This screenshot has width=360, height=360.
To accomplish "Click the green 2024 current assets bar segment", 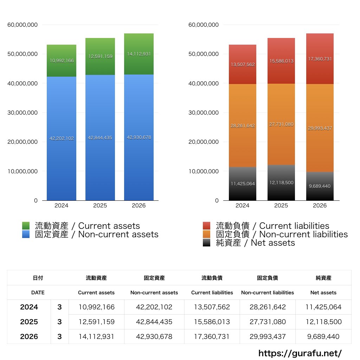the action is [62, 60].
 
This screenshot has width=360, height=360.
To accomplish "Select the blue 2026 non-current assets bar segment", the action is [139, 137].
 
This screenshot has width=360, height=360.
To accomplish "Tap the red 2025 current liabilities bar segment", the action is [281, 61].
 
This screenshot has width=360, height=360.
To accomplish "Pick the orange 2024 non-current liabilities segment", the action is [243, 126].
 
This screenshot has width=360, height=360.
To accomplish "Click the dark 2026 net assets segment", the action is [320, 186].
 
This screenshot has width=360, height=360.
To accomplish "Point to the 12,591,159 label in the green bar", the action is [100, 57].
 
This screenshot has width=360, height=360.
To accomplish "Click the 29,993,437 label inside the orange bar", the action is [320, 128].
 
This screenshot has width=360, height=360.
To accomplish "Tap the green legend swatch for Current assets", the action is [26, 226].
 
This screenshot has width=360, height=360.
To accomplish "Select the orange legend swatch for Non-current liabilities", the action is [207, 234].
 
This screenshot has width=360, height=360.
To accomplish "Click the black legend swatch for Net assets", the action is [207, 243].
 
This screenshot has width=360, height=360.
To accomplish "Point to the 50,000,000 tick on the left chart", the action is [22, 54].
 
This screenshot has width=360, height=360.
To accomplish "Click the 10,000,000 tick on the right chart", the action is [204, 171].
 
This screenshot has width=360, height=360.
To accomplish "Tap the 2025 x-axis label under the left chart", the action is [100, 205].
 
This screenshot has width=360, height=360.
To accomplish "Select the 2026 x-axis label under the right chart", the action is [320, 205].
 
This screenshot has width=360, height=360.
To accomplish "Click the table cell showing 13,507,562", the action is [212, 307].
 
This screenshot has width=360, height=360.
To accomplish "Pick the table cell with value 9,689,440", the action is [323, 336].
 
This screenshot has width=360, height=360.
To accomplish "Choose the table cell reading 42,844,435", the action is [154, 322].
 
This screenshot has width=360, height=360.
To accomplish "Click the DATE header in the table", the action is [38, 292].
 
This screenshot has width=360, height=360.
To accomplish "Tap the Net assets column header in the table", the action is [323, 292].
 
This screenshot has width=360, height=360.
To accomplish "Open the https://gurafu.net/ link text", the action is [300, 353].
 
